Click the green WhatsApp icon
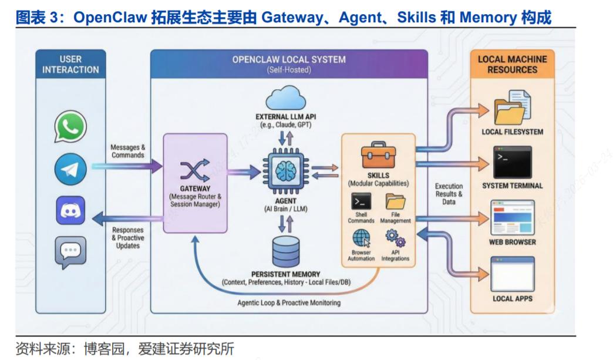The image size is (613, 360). pyautogui.click(x=70, y=126)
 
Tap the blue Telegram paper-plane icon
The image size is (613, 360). pyautogui.click(x=70, y=170)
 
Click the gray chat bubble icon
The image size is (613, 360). pyautogui.click(x=70, y=252)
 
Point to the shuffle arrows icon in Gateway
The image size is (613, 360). pyautogui.click(x=194, y=170)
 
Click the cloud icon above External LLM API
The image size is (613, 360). pyautogui.click(x=285, y=99)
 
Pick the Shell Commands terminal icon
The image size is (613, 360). pyautogui.click(x=361, y=201)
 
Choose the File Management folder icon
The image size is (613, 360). pyautogui.click(x=395, y=201)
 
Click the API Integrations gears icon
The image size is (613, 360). pyautogui.click(x=395, y=238)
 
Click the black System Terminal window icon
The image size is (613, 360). pyautogui.click(x=512, y=163)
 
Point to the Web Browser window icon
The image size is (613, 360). pyautogui.click(x=512, y=217)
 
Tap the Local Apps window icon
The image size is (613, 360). pyautogui.click(x=512, y=274)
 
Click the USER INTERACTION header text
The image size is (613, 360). pyautogui.click(x=70, y=65)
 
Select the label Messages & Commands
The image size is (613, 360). pyautogui.click(x=127, y=151)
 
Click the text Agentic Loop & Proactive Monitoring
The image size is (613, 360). pyautogui.click(x=288, y=303)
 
